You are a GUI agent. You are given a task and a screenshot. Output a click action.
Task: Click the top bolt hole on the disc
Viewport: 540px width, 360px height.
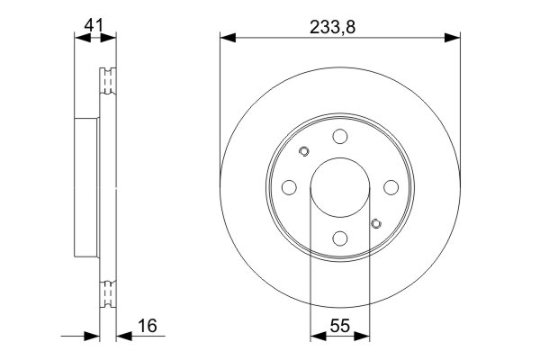[339, 136]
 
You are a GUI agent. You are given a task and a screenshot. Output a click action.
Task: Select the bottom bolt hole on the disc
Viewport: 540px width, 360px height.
[339, 238]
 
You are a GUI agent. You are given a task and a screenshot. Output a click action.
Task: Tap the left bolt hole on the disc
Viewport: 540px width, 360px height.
[289, 187]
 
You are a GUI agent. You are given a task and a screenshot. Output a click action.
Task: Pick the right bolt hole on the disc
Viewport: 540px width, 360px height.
[391, 187]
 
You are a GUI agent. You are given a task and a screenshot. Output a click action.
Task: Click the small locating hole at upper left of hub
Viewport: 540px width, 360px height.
[303, 151]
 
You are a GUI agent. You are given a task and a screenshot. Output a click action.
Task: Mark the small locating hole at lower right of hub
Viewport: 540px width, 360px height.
[376, 223]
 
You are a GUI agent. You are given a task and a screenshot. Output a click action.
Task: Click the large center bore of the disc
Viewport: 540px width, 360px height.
[339, 187]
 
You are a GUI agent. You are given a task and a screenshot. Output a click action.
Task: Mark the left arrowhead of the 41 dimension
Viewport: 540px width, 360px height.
[78, 38]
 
